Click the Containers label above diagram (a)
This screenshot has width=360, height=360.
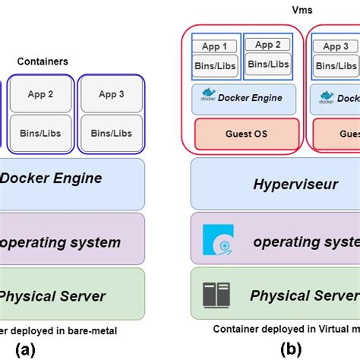coord(43,61)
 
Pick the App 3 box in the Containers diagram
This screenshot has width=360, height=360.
coord(111,94)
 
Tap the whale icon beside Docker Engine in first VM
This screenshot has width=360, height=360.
coord(208,96)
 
